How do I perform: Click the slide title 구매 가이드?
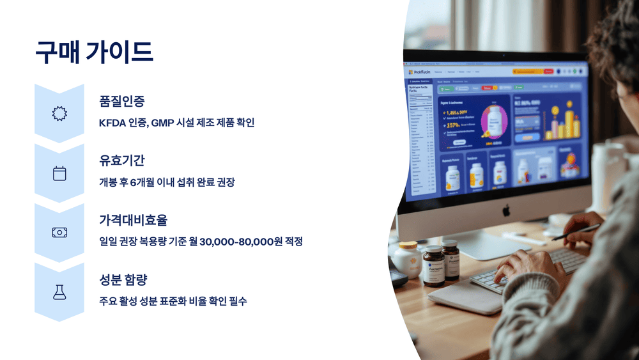click(x=94, y=52)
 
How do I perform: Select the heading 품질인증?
click(x=121, y=100)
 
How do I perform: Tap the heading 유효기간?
click(x=121, y=160)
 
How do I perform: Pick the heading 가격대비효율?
click(x=133, y=220)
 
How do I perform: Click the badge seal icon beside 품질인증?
click(x=59, y=114)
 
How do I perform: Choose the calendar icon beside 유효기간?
click(x=59, y=173)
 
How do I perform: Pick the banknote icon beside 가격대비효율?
click(x=59, y=233)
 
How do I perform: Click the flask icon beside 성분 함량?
click(x=59, y=292)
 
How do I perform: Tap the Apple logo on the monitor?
click(x=506, y=209)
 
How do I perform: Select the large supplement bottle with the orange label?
click(x=433, y=265)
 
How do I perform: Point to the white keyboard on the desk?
click(x=530, y=268)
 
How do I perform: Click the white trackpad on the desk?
click(x=473, y=297)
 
